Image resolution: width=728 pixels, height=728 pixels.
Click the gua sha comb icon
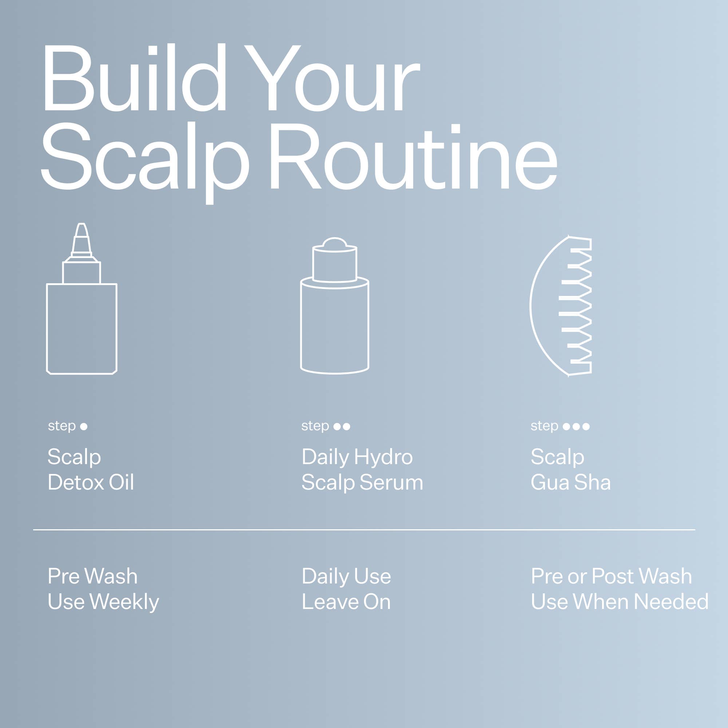(561, 306)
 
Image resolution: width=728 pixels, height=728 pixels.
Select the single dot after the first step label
(84, 427)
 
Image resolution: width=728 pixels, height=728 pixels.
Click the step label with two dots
(325, 426)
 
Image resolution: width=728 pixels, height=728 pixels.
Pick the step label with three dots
(560, 426)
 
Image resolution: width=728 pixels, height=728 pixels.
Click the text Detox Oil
(91, 482)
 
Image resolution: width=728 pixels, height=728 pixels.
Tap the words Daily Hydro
(357, 457)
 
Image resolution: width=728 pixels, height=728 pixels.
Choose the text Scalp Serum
(362, 482)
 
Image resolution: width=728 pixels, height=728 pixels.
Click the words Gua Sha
(570, 482)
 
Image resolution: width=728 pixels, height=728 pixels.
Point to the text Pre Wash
(93, 576)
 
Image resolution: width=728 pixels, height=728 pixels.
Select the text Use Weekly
(103, 602)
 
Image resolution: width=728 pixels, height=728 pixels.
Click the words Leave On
(346, 602)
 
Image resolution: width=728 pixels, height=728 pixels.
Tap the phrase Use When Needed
(620, 602)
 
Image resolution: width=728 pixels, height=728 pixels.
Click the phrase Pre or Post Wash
(611, 576)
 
